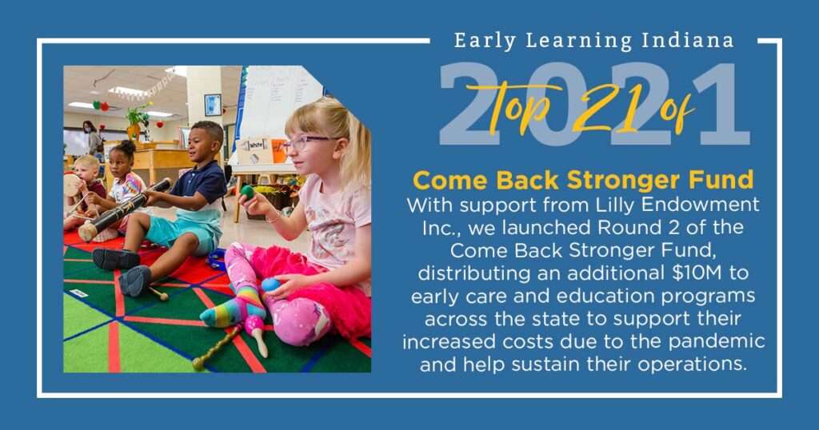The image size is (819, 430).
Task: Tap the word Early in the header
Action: coord(485,42)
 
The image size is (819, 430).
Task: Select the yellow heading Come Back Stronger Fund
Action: coord(583,181)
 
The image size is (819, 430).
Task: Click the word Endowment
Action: coord(701,205)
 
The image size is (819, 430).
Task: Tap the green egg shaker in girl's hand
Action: coord(247,192)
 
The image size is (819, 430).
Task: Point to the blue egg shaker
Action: coord(270,285)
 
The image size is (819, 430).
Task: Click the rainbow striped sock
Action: coord(234,309)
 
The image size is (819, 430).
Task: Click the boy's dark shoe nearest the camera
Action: coord(134,281)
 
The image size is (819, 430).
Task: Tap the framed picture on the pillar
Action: coord(213,105)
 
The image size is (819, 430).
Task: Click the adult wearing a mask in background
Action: coord(93,137)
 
